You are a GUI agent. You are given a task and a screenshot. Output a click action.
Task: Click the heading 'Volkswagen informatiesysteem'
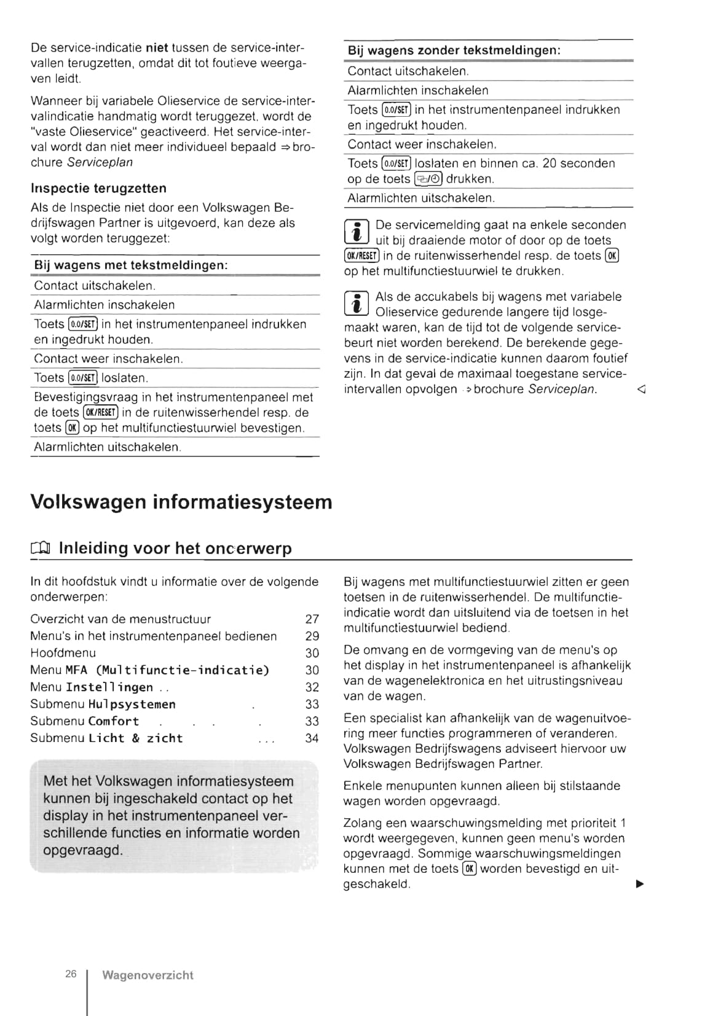click(181, 502)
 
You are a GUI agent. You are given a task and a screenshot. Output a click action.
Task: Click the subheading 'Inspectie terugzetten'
click(98, 188)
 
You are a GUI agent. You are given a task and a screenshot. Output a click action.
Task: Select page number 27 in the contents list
click(312, 619)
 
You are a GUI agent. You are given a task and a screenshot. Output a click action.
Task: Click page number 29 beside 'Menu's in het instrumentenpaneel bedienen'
click(312, 636)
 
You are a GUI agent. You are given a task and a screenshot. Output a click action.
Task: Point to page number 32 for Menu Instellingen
click(312, 687)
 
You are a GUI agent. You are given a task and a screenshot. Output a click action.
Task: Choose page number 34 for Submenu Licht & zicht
click(312, 738)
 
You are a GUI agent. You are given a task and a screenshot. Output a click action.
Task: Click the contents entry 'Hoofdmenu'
click(63, 653)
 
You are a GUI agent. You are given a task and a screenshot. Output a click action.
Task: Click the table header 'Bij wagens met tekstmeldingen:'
click(131, 265)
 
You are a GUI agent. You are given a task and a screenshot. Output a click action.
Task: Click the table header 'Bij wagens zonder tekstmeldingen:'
click(454, 50)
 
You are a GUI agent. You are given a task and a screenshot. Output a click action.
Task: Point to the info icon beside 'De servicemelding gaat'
click(357, 232)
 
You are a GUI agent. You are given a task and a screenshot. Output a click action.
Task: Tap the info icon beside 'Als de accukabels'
click(357, 304)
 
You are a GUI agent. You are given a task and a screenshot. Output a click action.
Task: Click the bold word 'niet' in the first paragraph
click(157, 48)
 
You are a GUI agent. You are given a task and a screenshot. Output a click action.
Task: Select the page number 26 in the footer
click(71, 974)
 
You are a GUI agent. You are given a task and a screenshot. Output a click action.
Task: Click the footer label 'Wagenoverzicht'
click(148, 975)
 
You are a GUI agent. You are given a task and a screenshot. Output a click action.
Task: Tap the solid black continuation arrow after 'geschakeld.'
click(639, 885)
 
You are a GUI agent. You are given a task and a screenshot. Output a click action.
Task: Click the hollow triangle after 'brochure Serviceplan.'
click(641, 389)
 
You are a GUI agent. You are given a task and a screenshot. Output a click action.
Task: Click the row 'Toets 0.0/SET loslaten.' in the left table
click(91, 378)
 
